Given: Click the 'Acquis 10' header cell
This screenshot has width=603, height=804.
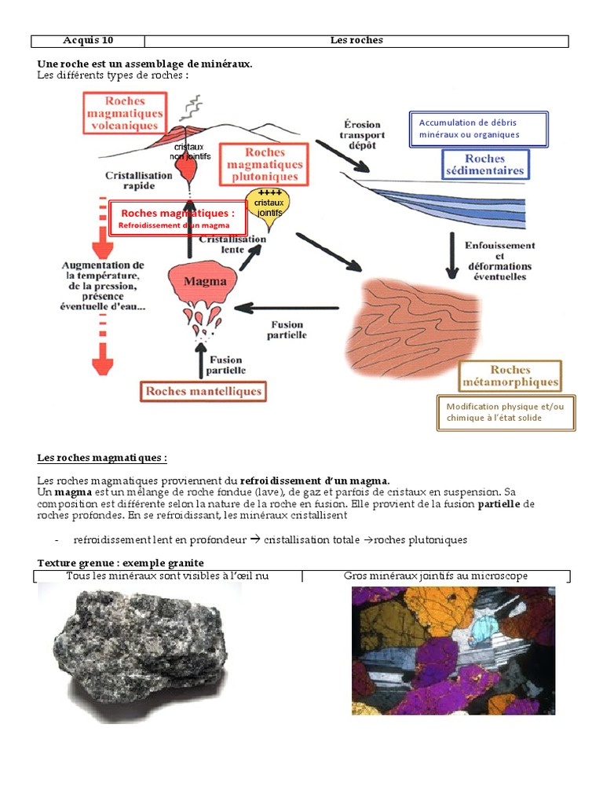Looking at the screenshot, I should (88, 41).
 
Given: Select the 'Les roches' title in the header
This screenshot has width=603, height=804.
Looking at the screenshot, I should (356, 41).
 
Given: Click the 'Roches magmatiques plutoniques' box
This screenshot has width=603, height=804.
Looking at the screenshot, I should (265, 165).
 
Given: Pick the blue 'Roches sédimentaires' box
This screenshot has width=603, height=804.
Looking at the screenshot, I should (484, 165).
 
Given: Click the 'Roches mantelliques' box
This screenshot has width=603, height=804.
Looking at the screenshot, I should (203, 391).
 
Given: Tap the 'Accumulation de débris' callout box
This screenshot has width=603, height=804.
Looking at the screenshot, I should (478, 129).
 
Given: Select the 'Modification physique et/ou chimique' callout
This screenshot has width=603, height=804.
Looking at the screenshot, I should (506, 412).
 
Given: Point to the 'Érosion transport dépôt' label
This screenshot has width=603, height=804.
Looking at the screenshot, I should (361, 134).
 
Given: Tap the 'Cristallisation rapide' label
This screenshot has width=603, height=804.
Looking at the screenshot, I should (138, 181).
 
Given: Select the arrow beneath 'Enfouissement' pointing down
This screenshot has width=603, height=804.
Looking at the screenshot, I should (451, 255).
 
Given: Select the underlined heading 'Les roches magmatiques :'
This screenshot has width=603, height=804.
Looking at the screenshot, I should (102, 458).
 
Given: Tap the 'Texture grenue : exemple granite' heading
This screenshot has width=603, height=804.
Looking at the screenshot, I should (121, 563).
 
